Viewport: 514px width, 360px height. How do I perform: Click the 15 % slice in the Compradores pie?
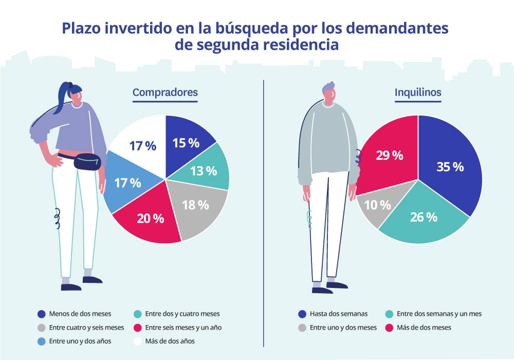point(186,143)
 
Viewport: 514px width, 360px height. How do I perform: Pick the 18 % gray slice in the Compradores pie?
point(196,205)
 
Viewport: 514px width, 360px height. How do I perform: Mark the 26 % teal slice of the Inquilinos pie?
point(424,217)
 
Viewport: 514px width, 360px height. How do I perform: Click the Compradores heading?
point(165,93)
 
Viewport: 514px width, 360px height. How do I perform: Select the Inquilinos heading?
point(417,93)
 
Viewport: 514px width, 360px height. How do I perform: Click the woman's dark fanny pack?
point(89,163)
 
